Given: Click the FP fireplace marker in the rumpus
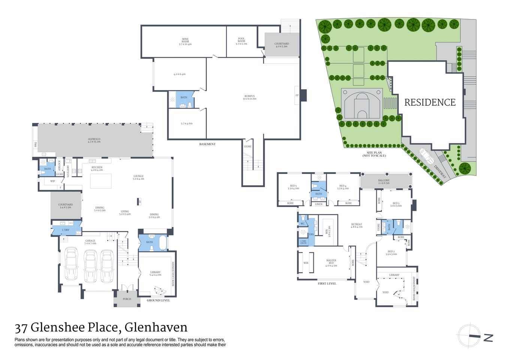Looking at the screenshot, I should (x=297, y=95).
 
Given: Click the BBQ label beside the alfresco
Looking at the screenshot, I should (x=36, y=144).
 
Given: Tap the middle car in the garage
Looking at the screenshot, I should (x=90, y=266).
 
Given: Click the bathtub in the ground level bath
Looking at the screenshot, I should (x=163, y=243).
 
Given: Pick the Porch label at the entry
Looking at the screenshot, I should (x=127, y=299).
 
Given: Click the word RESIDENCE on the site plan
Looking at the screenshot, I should (x=430, y=102).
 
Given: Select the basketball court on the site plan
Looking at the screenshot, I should (x=362, y=103).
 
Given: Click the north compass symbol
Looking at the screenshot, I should (x=469, y=336).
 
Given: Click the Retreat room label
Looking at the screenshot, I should (x=356, y=225).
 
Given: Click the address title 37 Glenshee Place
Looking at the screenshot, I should (x=101, y=327).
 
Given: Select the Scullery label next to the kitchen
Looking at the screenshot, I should (x=68, y=171).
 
